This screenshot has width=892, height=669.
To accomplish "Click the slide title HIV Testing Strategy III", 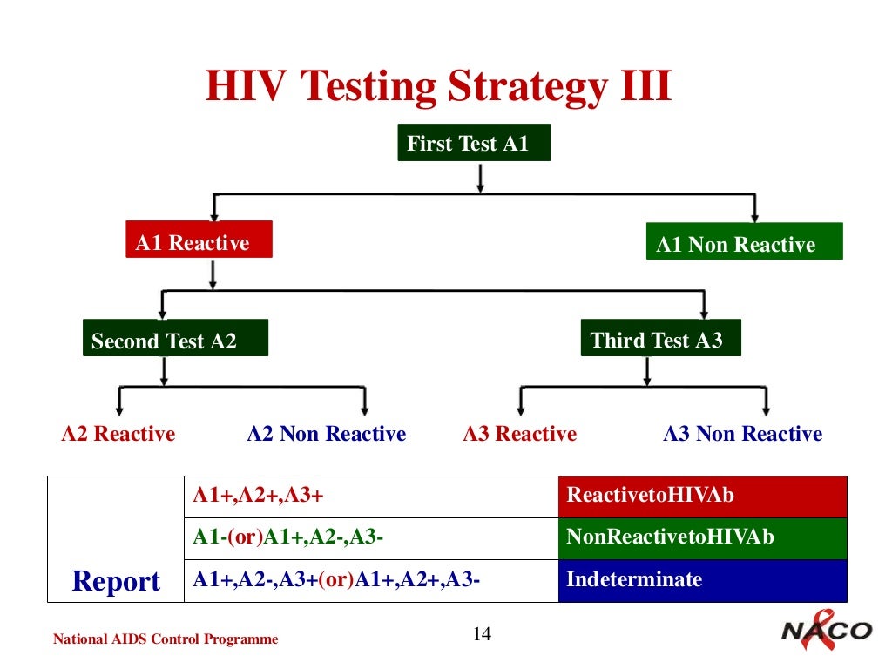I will click(438, 88).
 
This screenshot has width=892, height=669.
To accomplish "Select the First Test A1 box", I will click(474, 144).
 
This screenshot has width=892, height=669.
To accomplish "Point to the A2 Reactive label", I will click(118, 434).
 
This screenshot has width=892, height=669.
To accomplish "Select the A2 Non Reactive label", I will click(327, 434).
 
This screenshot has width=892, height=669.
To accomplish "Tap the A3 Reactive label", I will click(519, 434).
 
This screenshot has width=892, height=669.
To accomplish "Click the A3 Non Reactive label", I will click(742, 434).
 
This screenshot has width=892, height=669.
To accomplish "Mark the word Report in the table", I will click(116, 581).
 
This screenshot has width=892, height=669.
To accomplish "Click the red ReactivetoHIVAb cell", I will click(702, 496).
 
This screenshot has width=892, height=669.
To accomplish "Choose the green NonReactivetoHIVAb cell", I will click(702, 537).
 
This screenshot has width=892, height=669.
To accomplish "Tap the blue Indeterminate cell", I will click(702, 580).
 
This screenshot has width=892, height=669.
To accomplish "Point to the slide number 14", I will click(481, 634).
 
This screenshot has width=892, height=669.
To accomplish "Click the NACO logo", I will click(824, 632).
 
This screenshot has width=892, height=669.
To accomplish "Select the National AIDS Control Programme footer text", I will click(166, 639).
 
